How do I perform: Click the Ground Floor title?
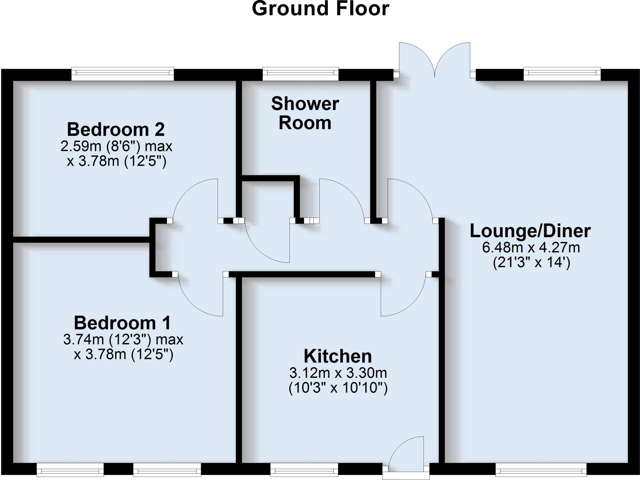coord(320,9)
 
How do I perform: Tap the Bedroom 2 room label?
coord(116,129)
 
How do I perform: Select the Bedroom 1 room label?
coord(122,323)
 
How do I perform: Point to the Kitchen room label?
coord(338,356)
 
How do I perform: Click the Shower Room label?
coord(305,113)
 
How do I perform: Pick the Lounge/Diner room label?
coord(530,231)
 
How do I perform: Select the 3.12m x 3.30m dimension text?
coord(338,373)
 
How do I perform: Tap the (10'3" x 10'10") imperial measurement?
coord(338,388)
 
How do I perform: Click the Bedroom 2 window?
coord(122,74)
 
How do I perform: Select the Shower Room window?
coord(301,74)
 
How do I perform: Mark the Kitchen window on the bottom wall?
coord(304,469)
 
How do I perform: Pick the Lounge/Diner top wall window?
coord(562,74)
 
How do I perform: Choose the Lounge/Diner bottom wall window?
coord(541,469)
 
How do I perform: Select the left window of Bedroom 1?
coord(70,469)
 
